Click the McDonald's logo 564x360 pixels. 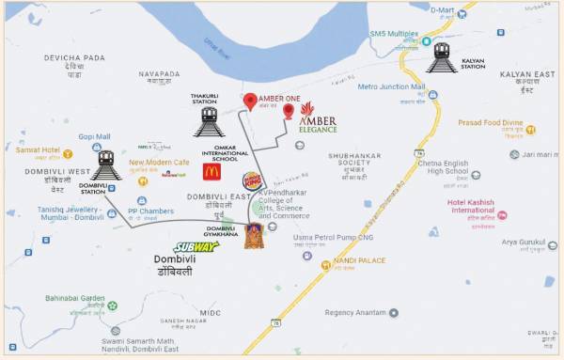pos(211,171)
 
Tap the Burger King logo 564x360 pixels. pos(253,180)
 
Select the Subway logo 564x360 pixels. pos(196,246)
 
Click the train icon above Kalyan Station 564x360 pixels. pos(442,56)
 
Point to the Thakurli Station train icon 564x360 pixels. pos(210,121)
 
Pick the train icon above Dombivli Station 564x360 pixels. pos(105,164)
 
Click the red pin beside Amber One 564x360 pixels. pos(250,102)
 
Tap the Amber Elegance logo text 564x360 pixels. pos(318,123)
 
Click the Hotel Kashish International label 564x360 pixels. pos(485,205)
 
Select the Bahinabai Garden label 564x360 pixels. pos(74,298)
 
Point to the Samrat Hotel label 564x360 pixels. pos(39,150)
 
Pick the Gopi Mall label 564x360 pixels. pos(94,136)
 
